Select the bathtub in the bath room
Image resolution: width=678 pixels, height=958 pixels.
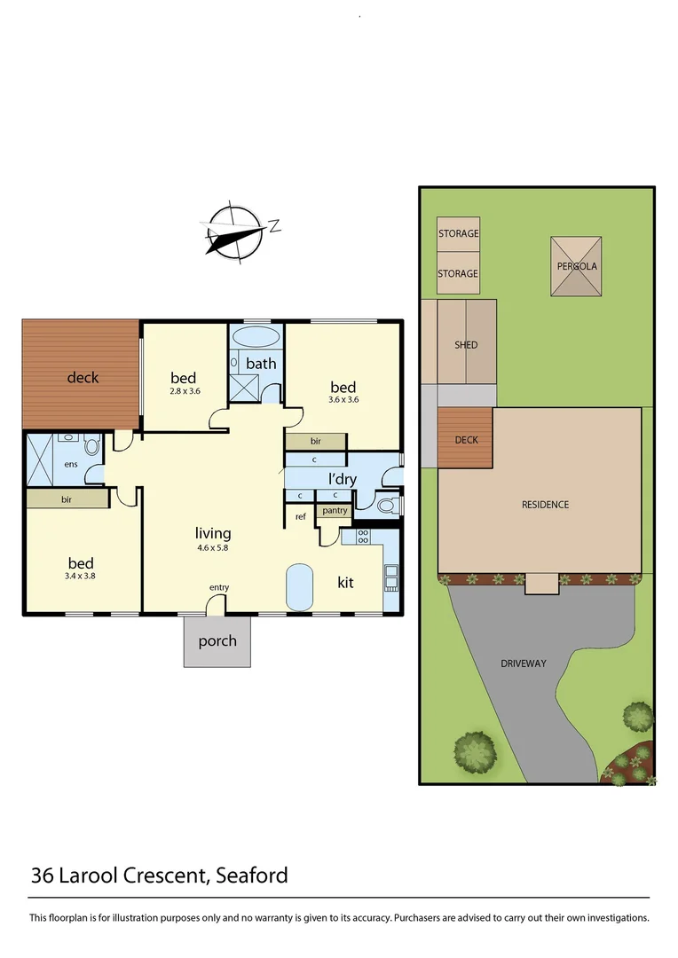tap(256, 338)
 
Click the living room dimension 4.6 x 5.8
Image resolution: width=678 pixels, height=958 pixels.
tap(213, 548)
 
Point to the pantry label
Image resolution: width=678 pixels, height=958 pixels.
tap(335, 510)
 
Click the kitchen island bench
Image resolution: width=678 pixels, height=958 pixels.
tap(300, 586)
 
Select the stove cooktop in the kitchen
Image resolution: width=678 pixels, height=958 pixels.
tap(362, 536)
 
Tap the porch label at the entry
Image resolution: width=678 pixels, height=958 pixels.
tap(217, 640)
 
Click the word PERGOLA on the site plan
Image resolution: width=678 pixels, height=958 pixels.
tap(577, 266)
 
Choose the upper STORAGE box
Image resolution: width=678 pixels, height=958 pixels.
tap(458, 234)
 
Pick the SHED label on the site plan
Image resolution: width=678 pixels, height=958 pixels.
tap(466, 344)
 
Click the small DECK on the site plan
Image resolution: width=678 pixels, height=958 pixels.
tap(465, 439)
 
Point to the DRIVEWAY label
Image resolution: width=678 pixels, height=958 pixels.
tap(524, 663)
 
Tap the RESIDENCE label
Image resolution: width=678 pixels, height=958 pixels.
tap(545, 504)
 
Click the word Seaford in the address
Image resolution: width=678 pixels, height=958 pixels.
tap(251, 876)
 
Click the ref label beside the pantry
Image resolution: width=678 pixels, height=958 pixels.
tap(300, 516)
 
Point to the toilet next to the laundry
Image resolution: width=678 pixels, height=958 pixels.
tap(384, 506)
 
